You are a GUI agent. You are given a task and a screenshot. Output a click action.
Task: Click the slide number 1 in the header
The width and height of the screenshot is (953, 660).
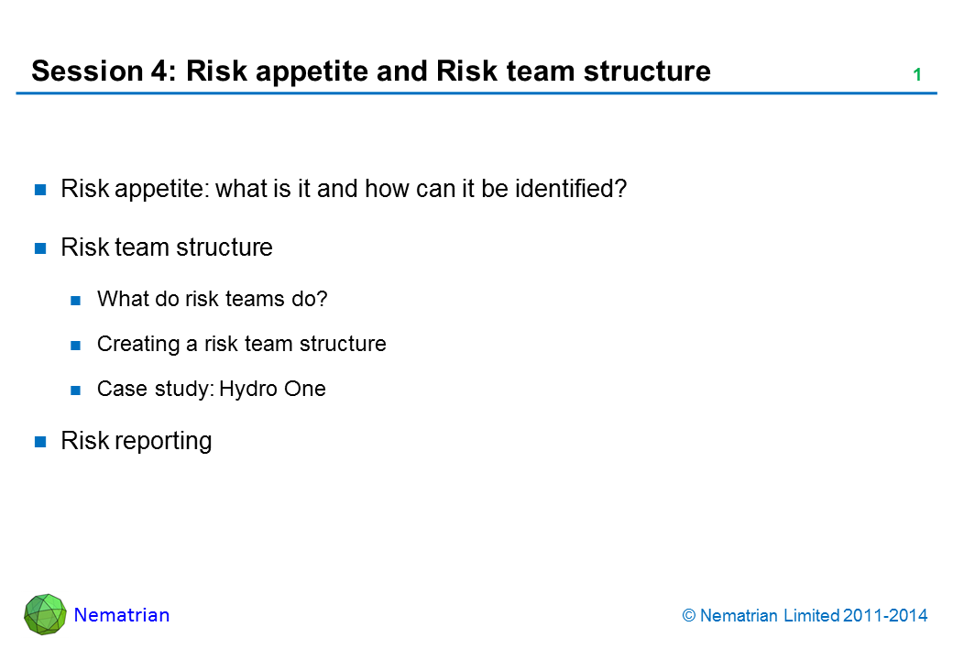(917, 75)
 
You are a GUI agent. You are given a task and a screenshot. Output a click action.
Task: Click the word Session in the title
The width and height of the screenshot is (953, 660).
(87, 71)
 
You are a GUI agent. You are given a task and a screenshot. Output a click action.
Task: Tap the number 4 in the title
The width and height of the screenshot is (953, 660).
(159, 71)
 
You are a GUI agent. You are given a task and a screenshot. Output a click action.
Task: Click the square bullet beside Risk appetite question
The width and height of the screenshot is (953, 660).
(40, 191)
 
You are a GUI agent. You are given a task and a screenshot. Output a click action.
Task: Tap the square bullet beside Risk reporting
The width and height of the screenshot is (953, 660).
(40, 442)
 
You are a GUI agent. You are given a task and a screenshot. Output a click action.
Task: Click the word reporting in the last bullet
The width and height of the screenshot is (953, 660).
(164, 442)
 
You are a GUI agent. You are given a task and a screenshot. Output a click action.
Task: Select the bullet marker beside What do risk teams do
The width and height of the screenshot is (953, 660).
(76, 301)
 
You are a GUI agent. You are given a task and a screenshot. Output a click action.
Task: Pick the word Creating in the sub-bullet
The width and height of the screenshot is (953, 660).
(138, 345)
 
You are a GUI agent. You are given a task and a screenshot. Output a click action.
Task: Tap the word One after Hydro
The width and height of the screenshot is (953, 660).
(304, 389)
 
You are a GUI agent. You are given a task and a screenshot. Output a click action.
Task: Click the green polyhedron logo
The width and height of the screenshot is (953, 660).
(45, 614)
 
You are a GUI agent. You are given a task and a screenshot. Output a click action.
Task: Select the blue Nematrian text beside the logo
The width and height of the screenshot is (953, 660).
(122, 615)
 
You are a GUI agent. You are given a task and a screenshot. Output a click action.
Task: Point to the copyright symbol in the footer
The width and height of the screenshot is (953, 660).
(688, 616)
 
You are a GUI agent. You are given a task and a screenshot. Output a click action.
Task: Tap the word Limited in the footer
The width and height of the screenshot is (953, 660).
(812, 616)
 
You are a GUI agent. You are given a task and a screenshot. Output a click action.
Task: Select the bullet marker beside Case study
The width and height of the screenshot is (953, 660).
(76, 390)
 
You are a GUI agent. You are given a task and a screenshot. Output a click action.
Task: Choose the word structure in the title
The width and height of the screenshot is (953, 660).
(647, 71)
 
